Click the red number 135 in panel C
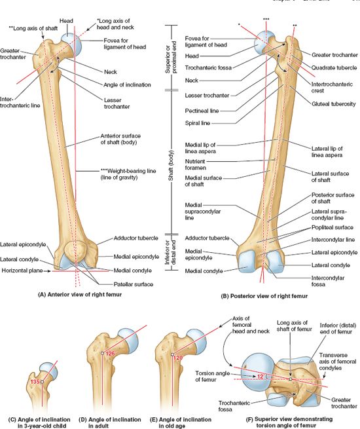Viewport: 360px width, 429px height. pos(35,381)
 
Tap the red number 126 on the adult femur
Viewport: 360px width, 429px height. pos(110,354)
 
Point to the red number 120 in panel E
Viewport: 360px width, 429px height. pos(178,358)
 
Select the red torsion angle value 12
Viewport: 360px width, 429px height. pos(261,377)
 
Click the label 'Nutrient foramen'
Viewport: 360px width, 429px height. pos(195,164)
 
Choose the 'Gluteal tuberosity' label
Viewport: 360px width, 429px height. pos(333,104)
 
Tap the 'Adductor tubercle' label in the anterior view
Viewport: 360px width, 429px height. pos(136,238)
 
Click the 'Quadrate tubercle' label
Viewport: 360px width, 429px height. pos(334,67)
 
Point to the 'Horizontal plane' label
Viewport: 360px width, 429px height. pos(22,270)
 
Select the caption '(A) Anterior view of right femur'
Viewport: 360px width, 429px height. pos(80,295)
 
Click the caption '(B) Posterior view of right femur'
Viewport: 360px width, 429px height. pos(264,296)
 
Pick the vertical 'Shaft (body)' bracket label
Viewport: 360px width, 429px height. pos(171,165)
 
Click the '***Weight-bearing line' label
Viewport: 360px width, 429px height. pos(128,171)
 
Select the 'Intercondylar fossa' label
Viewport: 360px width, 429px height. pos(328,281)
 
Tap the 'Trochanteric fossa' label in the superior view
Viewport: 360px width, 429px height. pos(234,406)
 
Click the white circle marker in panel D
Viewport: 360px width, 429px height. pos(102,353)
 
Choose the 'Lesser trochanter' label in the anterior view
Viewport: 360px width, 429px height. pos(117,103)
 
